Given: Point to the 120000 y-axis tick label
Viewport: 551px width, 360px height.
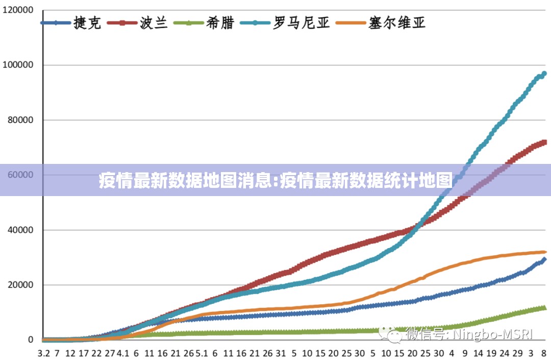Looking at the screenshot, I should coord(18,10).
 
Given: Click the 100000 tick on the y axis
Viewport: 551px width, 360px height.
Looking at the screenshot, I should coord(18,65).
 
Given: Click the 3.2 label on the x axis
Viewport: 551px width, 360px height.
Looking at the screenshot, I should coord(44,353).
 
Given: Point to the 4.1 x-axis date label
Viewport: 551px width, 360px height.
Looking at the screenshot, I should coord(123,353).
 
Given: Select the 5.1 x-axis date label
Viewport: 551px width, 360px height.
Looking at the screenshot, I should coord(202,353).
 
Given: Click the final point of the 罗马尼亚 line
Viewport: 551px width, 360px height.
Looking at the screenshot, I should coord(544,74).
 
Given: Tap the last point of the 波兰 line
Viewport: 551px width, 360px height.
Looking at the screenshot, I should coord(544,142).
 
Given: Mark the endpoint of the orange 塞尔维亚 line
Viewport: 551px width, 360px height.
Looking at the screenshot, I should coord(544,252).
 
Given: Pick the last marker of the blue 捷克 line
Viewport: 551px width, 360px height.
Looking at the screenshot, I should coord(544,259).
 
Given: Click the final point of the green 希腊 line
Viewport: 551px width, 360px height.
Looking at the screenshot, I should coord(544,307).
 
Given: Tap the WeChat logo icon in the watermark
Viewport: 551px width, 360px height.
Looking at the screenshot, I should coord(394,335).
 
